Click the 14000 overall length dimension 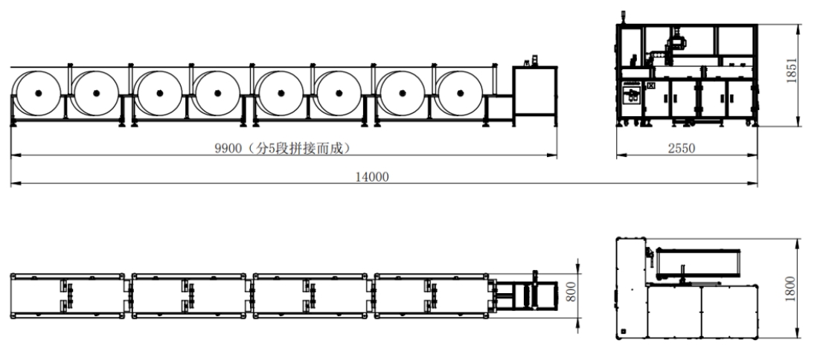(372, 177)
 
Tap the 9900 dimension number (228, 149)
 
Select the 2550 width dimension (682, 149)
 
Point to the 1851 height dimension (792, 70)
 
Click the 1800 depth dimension (790, 289)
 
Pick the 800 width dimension (571, 292)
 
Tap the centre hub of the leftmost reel (38, 94)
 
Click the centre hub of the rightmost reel (461, 94)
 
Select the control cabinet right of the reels (535, 96)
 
